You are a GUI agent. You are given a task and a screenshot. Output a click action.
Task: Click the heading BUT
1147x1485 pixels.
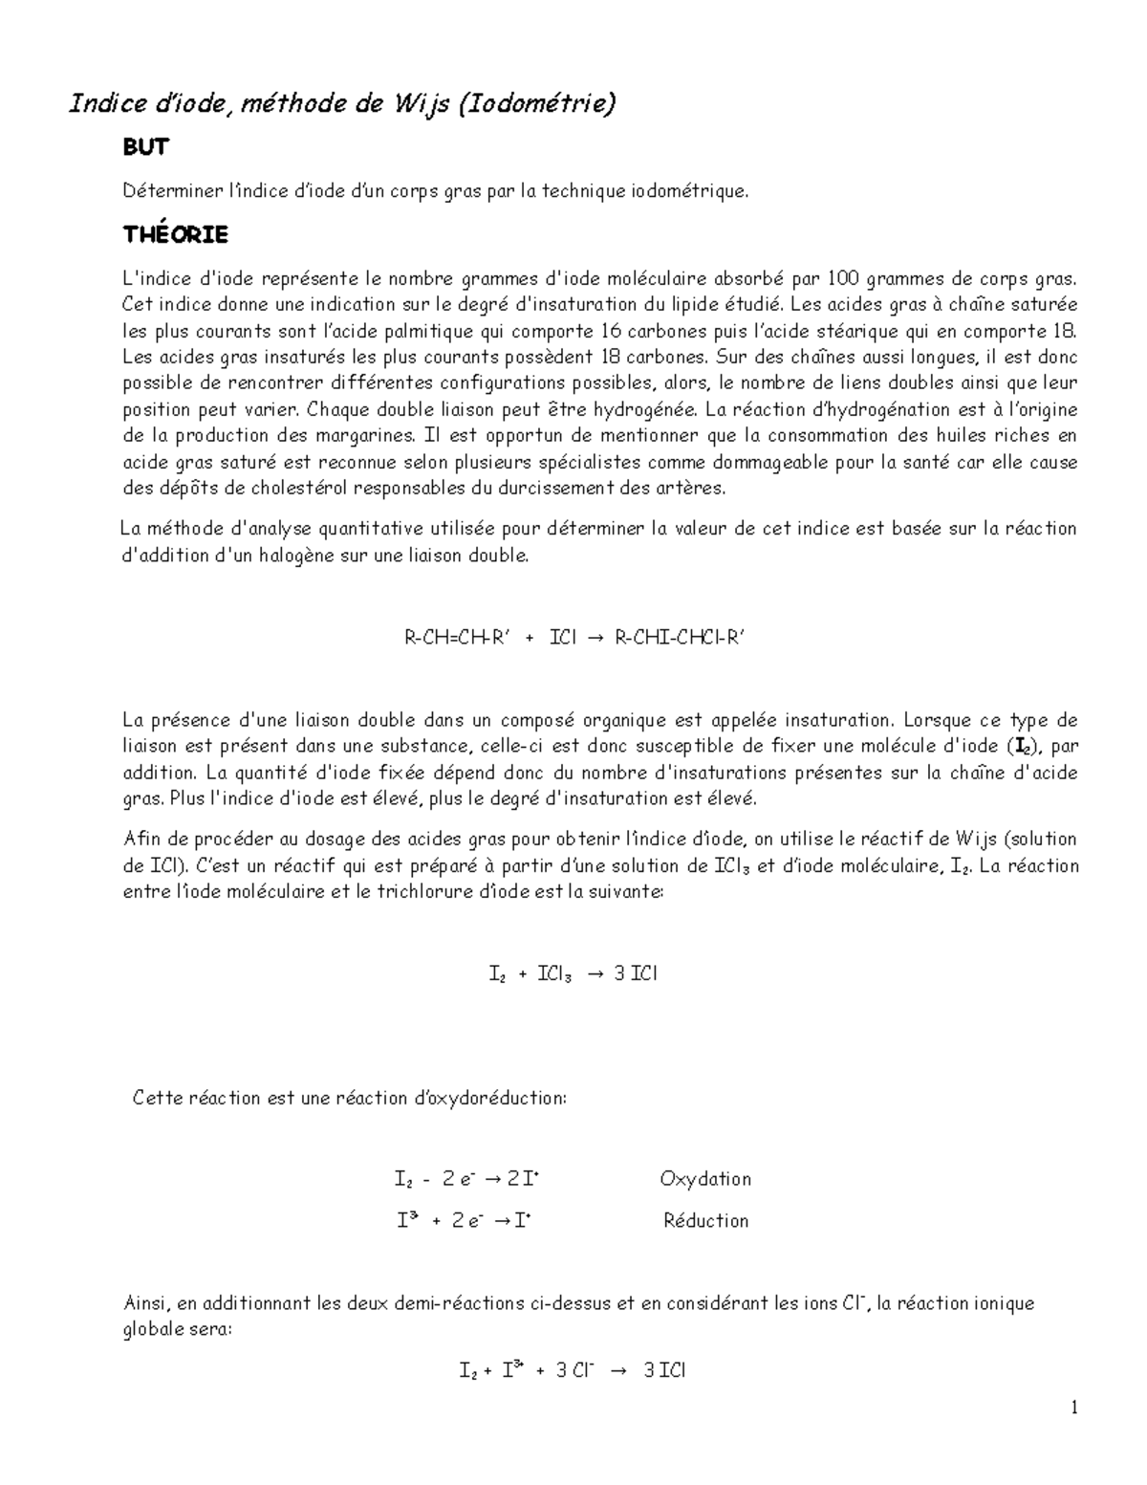point(145,147)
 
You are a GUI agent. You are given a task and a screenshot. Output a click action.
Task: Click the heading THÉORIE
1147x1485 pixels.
point(176,234)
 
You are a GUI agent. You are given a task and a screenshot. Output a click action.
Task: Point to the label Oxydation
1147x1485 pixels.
point(705,1179)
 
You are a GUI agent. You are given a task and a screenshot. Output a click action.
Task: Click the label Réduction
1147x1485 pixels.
point(705,1221)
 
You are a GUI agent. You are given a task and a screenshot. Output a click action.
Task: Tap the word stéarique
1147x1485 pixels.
point(871,332)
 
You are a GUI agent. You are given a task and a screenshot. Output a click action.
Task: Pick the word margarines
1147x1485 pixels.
point(362,436)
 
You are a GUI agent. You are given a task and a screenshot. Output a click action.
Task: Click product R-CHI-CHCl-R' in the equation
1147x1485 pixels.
point(678,638)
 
